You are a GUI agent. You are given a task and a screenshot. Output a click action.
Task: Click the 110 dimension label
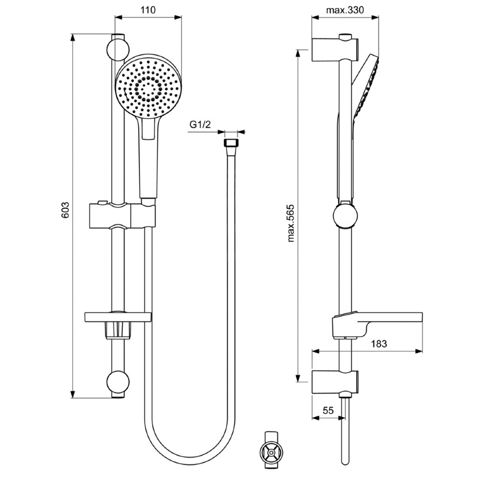pyautogui.click(x=148, y=10)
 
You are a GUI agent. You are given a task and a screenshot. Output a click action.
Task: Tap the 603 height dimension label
pyautogui.click(x=65, y=210)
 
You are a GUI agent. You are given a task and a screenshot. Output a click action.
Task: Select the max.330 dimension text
pyautogui.click(x=345, y=10)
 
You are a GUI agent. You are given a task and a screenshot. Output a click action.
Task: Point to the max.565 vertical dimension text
pyautogui.click(x=290, y=223)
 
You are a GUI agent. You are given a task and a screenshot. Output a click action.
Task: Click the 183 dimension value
pyautogui.click(x=379, y=344)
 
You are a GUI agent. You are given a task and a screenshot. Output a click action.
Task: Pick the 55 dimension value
pyautogui.click(x=328, y=410)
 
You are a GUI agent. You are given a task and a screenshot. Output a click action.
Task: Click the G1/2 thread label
pyautogui.click(x=200, y=124)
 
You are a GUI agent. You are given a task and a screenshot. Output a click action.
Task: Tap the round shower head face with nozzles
pyautogui.click(x=149, y=86)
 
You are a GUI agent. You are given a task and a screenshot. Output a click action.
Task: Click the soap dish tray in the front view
pyautogui.click(x=118, y=317)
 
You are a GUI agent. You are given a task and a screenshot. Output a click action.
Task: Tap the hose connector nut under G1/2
pyautogui.click(x=231, y=143)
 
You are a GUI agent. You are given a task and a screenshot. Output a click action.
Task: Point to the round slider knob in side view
pyautogui.click(x=345, y=216)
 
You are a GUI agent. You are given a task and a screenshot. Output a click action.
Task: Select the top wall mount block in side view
pyautogui.click(x=335, y=50)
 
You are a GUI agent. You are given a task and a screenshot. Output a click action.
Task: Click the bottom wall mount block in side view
pyautogui.click(x=335, y=382)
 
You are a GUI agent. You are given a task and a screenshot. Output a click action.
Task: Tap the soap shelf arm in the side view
pyautogui.click(x=378, y=325)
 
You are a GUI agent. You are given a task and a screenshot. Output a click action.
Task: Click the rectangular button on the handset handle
pyautogui.click(x=149, y=128)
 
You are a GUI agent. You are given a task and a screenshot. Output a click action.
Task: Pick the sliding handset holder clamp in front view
pyautogui.click(x=122, y=216)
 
